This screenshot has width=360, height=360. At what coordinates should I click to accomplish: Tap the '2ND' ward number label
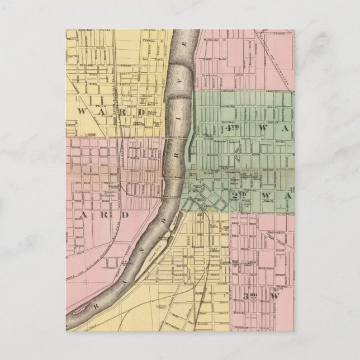point(237,195)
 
